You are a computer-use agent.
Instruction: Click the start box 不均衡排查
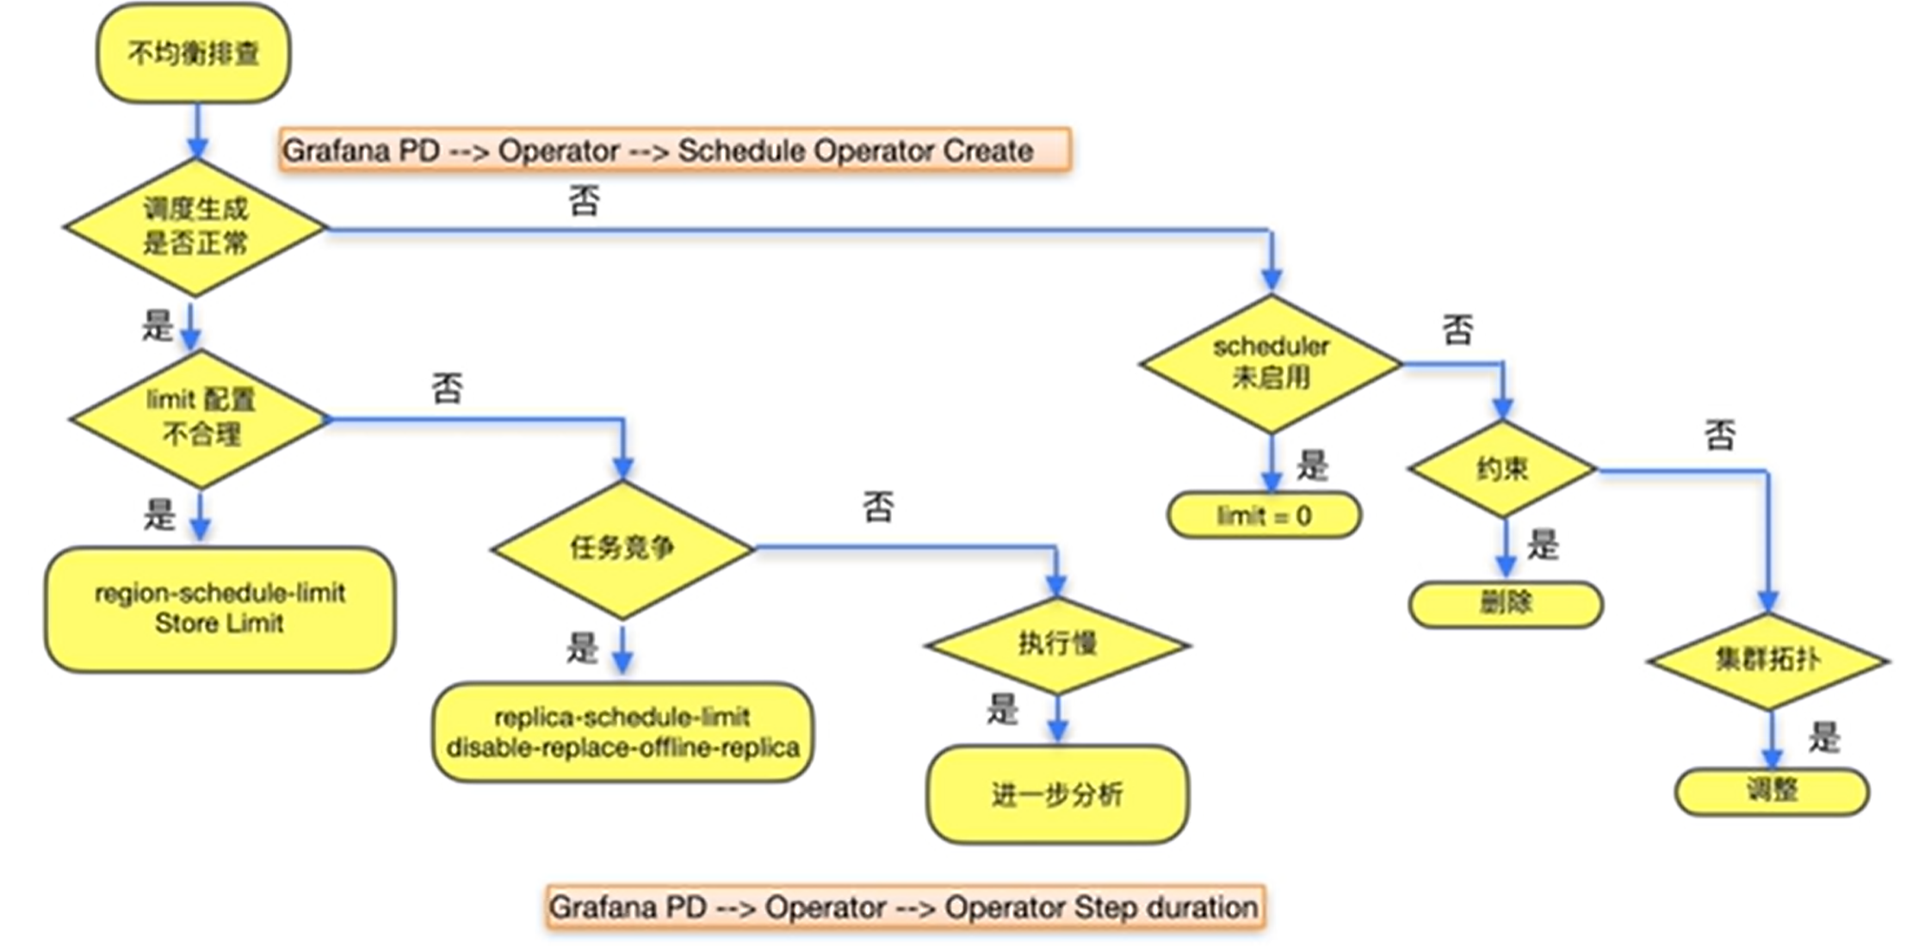click(193, 53)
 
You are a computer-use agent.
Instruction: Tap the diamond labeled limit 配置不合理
click(200, 419)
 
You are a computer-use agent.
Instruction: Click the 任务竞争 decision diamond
click(622, 549)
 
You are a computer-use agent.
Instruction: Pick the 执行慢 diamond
click(1057, 644)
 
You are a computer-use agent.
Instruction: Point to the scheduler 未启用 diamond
click(1271, 363)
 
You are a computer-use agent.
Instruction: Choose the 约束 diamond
click(1503, 470)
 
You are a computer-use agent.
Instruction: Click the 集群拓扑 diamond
click(1768, 661)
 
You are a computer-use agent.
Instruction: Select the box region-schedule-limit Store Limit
click(220, 608)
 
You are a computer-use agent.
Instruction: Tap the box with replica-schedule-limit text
click(622, 732)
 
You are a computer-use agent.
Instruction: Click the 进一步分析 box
click(1057, 794)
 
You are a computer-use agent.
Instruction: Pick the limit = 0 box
click(1264, 516)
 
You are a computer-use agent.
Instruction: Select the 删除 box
click(1506, 603)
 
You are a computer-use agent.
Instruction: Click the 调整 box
click(1772, 790)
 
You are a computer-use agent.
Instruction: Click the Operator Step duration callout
click(905, 907)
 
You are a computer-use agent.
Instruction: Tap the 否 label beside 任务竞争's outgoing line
click(878, 507)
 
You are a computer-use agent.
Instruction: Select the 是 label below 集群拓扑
click(1823, 737)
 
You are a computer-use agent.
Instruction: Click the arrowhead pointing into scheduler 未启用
click(1272, 280)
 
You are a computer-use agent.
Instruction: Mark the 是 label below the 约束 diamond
click(1543, 545)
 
